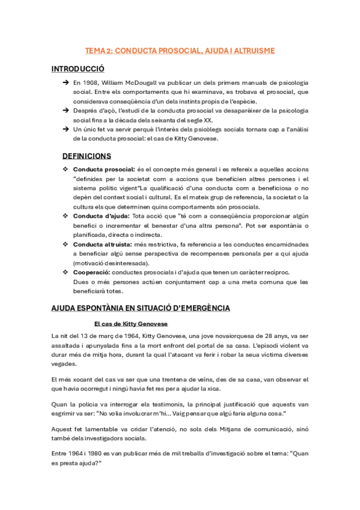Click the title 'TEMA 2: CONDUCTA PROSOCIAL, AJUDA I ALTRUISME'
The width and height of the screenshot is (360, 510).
pos(180,51)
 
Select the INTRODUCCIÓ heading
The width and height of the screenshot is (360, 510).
pos(78,69)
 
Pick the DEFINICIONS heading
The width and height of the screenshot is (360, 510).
pos(87,156)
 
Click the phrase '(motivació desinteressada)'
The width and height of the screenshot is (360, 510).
pos(120,263)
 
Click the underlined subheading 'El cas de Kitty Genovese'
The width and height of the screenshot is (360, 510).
pos(135,324)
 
